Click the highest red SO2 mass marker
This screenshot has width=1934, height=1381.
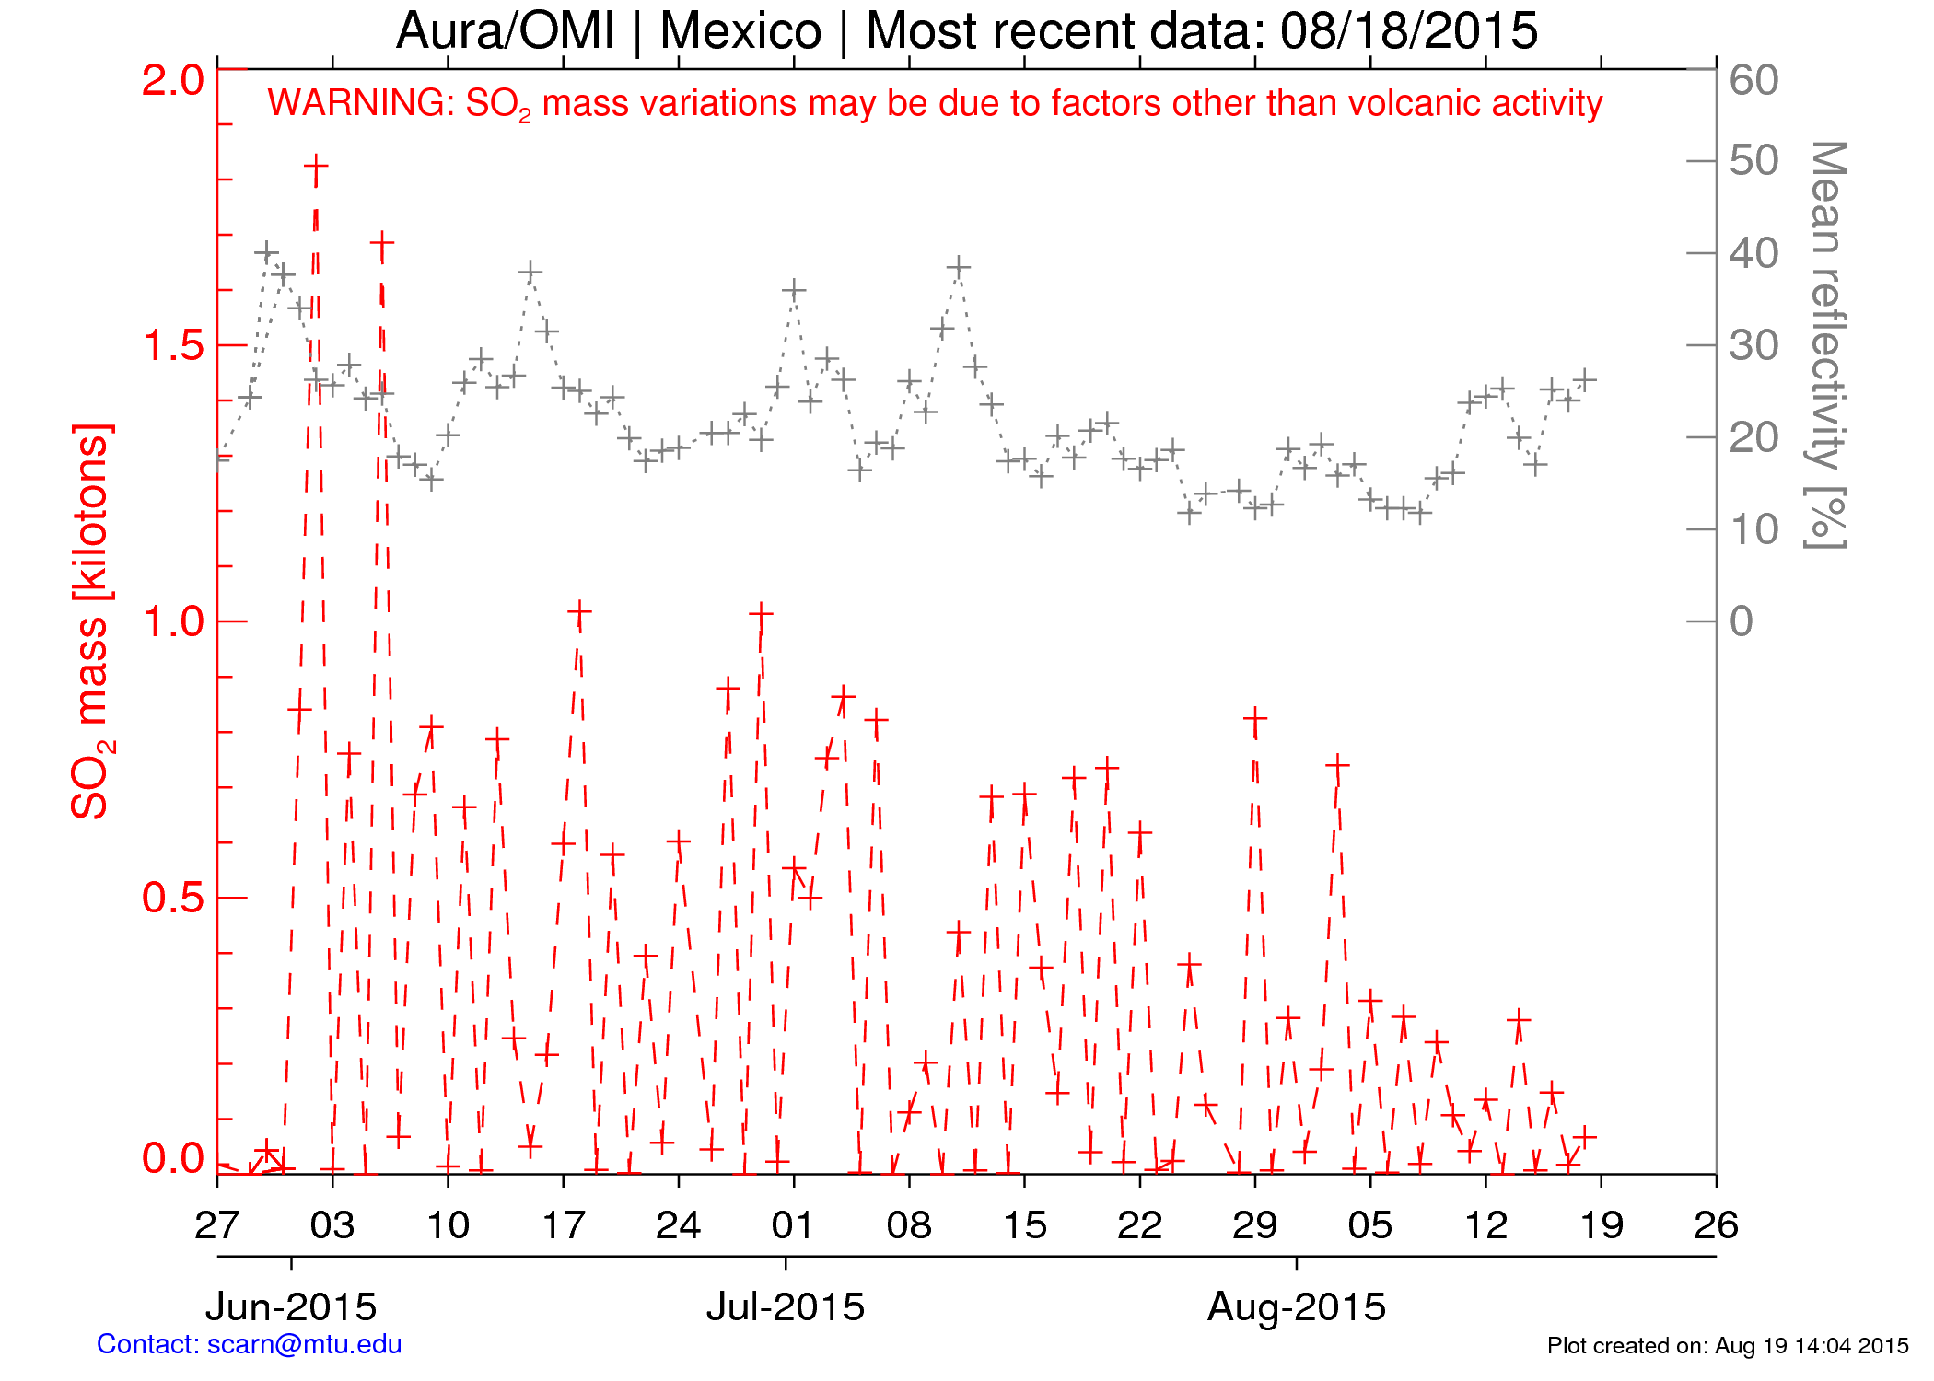[x=316, y=168]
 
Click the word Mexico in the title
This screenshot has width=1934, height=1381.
[x=740, y=31]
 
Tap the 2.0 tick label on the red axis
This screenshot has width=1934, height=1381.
[x=173, y=81]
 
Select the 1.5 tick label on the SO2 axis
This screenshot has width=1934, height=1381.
[x=173, y=346]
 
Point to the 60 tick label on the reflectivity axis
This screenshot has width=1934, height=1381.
[x=1753, y=81]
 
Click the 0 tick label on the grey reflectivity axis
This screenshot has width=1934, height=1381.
[x=1741, y=622]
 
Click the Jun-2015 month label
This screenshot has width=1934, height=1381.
[x=291, y=1306]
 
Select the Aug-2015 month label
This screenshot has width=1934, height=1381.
[x=1297, y=1306]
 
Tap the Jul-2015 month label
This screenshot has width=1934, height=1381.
[x=786, y=1306]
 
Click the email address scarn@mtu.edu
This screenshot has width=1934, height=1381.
[x=304, y=1344]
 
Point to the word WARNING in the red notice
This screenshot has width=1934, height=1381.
[x=360, y=103]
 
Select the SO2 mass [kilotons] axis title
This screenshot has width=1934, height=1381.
[x=92, y=621]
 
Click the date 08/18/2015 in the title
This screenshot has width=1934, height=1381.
[x=1409, y=31]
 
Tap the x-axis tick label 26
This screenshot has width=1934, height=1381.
[x=1716, y=1225]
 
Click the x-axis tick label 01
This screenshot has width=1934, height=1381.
[x=793, y=1225]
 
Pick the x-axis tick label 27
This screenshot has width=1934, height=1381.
[x=217, y=1225]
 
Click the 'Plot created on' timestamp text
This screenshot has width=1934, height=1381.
[x=1728, y=1346]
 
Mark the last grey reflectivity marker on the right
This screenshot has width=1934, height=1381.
[x=1585, y=379]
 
